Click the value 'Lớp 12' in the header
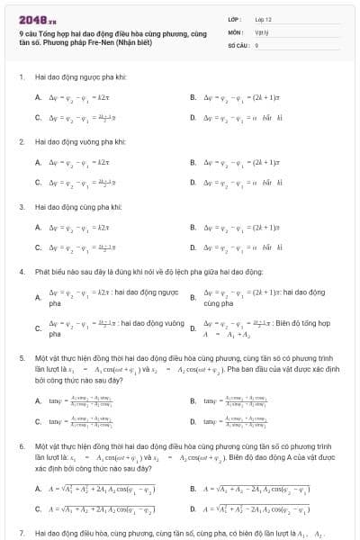(x=263, y=18)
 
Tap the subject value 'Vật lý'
(x=261, y=31)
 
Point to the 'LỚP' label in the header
(x=234, y=18)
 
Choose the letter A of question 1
(x=38, y=96)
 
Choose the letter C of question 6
(x=38, y=509)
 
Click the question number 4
(x=22, y=271)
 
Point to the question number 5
(x=22, y=358)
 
